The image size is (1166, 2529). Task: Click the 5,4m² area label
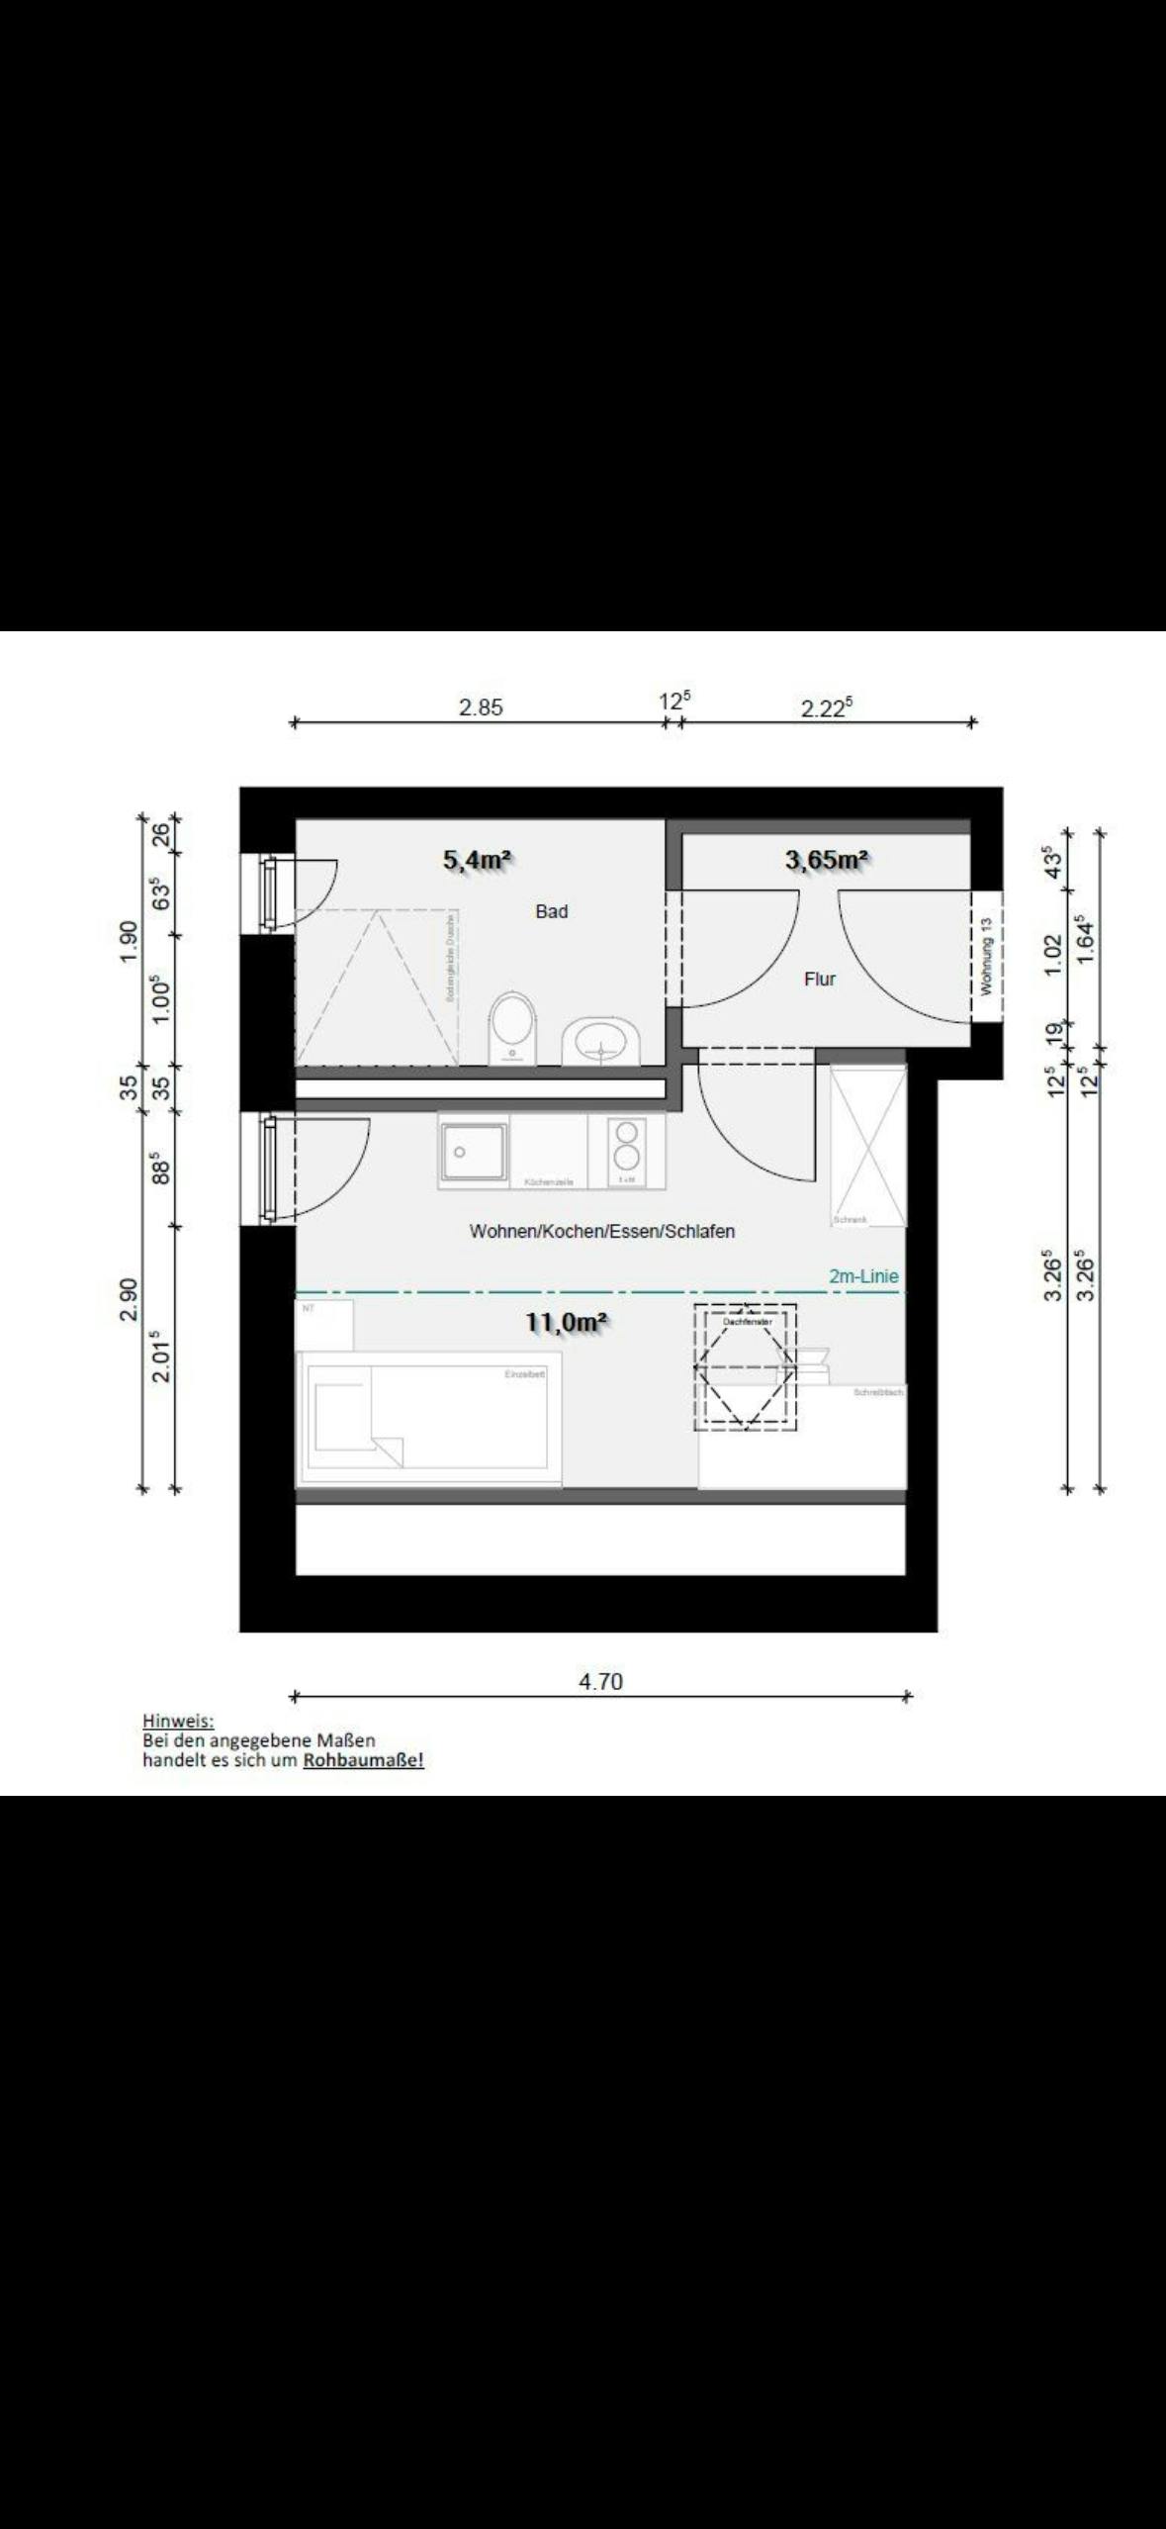point(477,860)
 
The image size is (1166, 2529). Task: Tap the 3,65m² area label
point(827,860)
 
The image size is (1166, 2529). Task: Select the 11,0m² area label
point(566,1322)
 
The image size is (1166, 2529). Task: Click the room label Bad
point(551,911)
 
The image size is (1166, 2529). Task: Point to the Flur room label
point(819,979)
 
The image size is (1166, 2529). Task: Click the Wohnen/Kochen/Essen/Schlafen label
point(601,1231)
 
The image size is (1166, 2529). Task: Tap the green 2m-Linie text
point(863,1276)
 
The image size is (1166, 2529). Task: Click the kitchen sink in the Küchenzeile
point(474,1152)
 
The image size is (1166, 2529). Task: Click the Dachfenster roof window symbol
point(745,1366)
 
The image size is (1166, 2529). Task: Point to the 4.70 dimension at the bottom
point(600,1681)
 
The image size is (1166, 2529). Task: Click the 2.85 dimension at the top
point(481,706)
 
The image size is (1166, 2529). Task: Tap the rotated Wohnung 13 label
point(986,956)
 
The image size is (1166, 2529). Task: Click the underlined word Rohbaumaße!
point(363,1760)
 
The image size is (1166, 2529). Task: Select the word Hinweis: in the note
point(178,1721)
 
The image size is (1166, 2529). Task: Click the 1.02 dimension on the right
point(1053,954)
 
